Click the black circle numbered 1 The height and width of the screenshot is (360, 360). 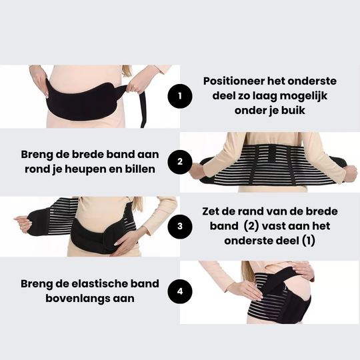[x=180, y=96]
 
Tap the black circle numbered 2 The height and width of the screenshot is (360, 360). [x=180, y=162]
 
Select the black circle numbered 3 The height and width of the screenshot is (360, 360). [x=180, y=227]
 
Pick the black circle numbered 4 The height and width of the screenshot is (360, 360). [x=180, y=291]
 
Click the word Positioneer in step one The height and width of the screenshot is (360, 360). [x=234, y=81]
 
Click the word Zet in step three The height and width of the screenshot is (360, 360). [x=210, y=211]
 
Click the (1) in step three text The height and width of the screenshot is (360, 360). [x=308, y=241]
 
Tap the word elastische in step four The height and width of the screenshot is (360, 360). [x=97, y=283]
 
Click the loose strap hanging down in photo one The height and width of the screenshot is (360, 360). [x=143, y=109]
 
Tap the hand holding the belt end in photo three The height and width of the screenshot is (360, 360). [x=23, y=223]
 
